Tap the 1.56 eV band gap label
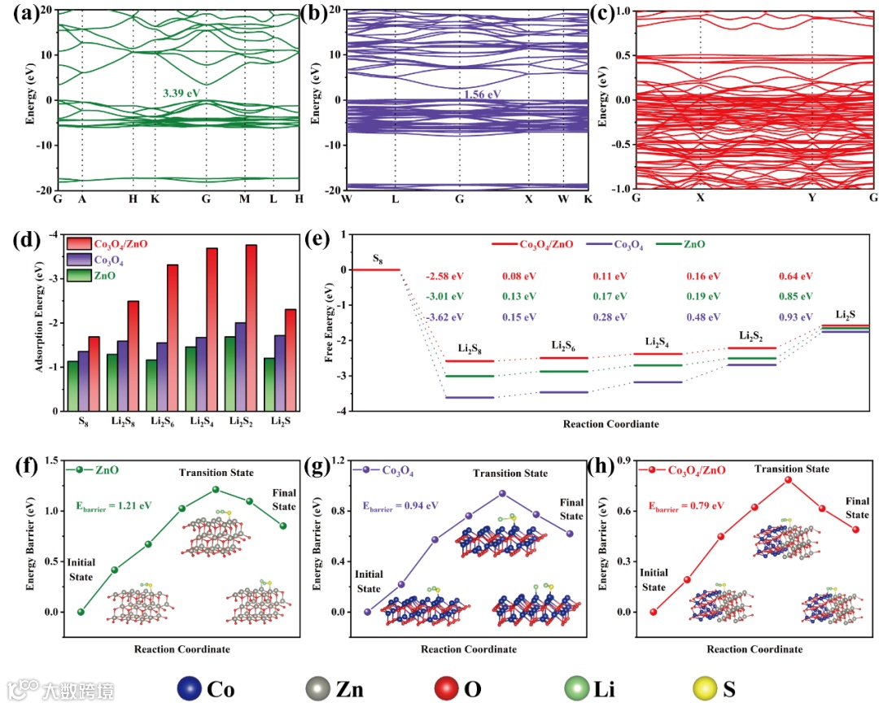point(482,94)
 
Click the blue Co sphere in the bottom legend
point(189,690)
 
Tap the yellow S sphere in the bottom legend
point(701,690)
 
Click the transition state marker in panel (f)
point(216,489)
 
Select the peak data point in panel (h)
point(789,480)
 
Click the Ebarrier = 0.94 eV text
point(400,505)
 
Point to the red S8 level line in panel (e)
point(375,269)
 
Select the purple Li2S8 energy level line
point(470,397)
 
